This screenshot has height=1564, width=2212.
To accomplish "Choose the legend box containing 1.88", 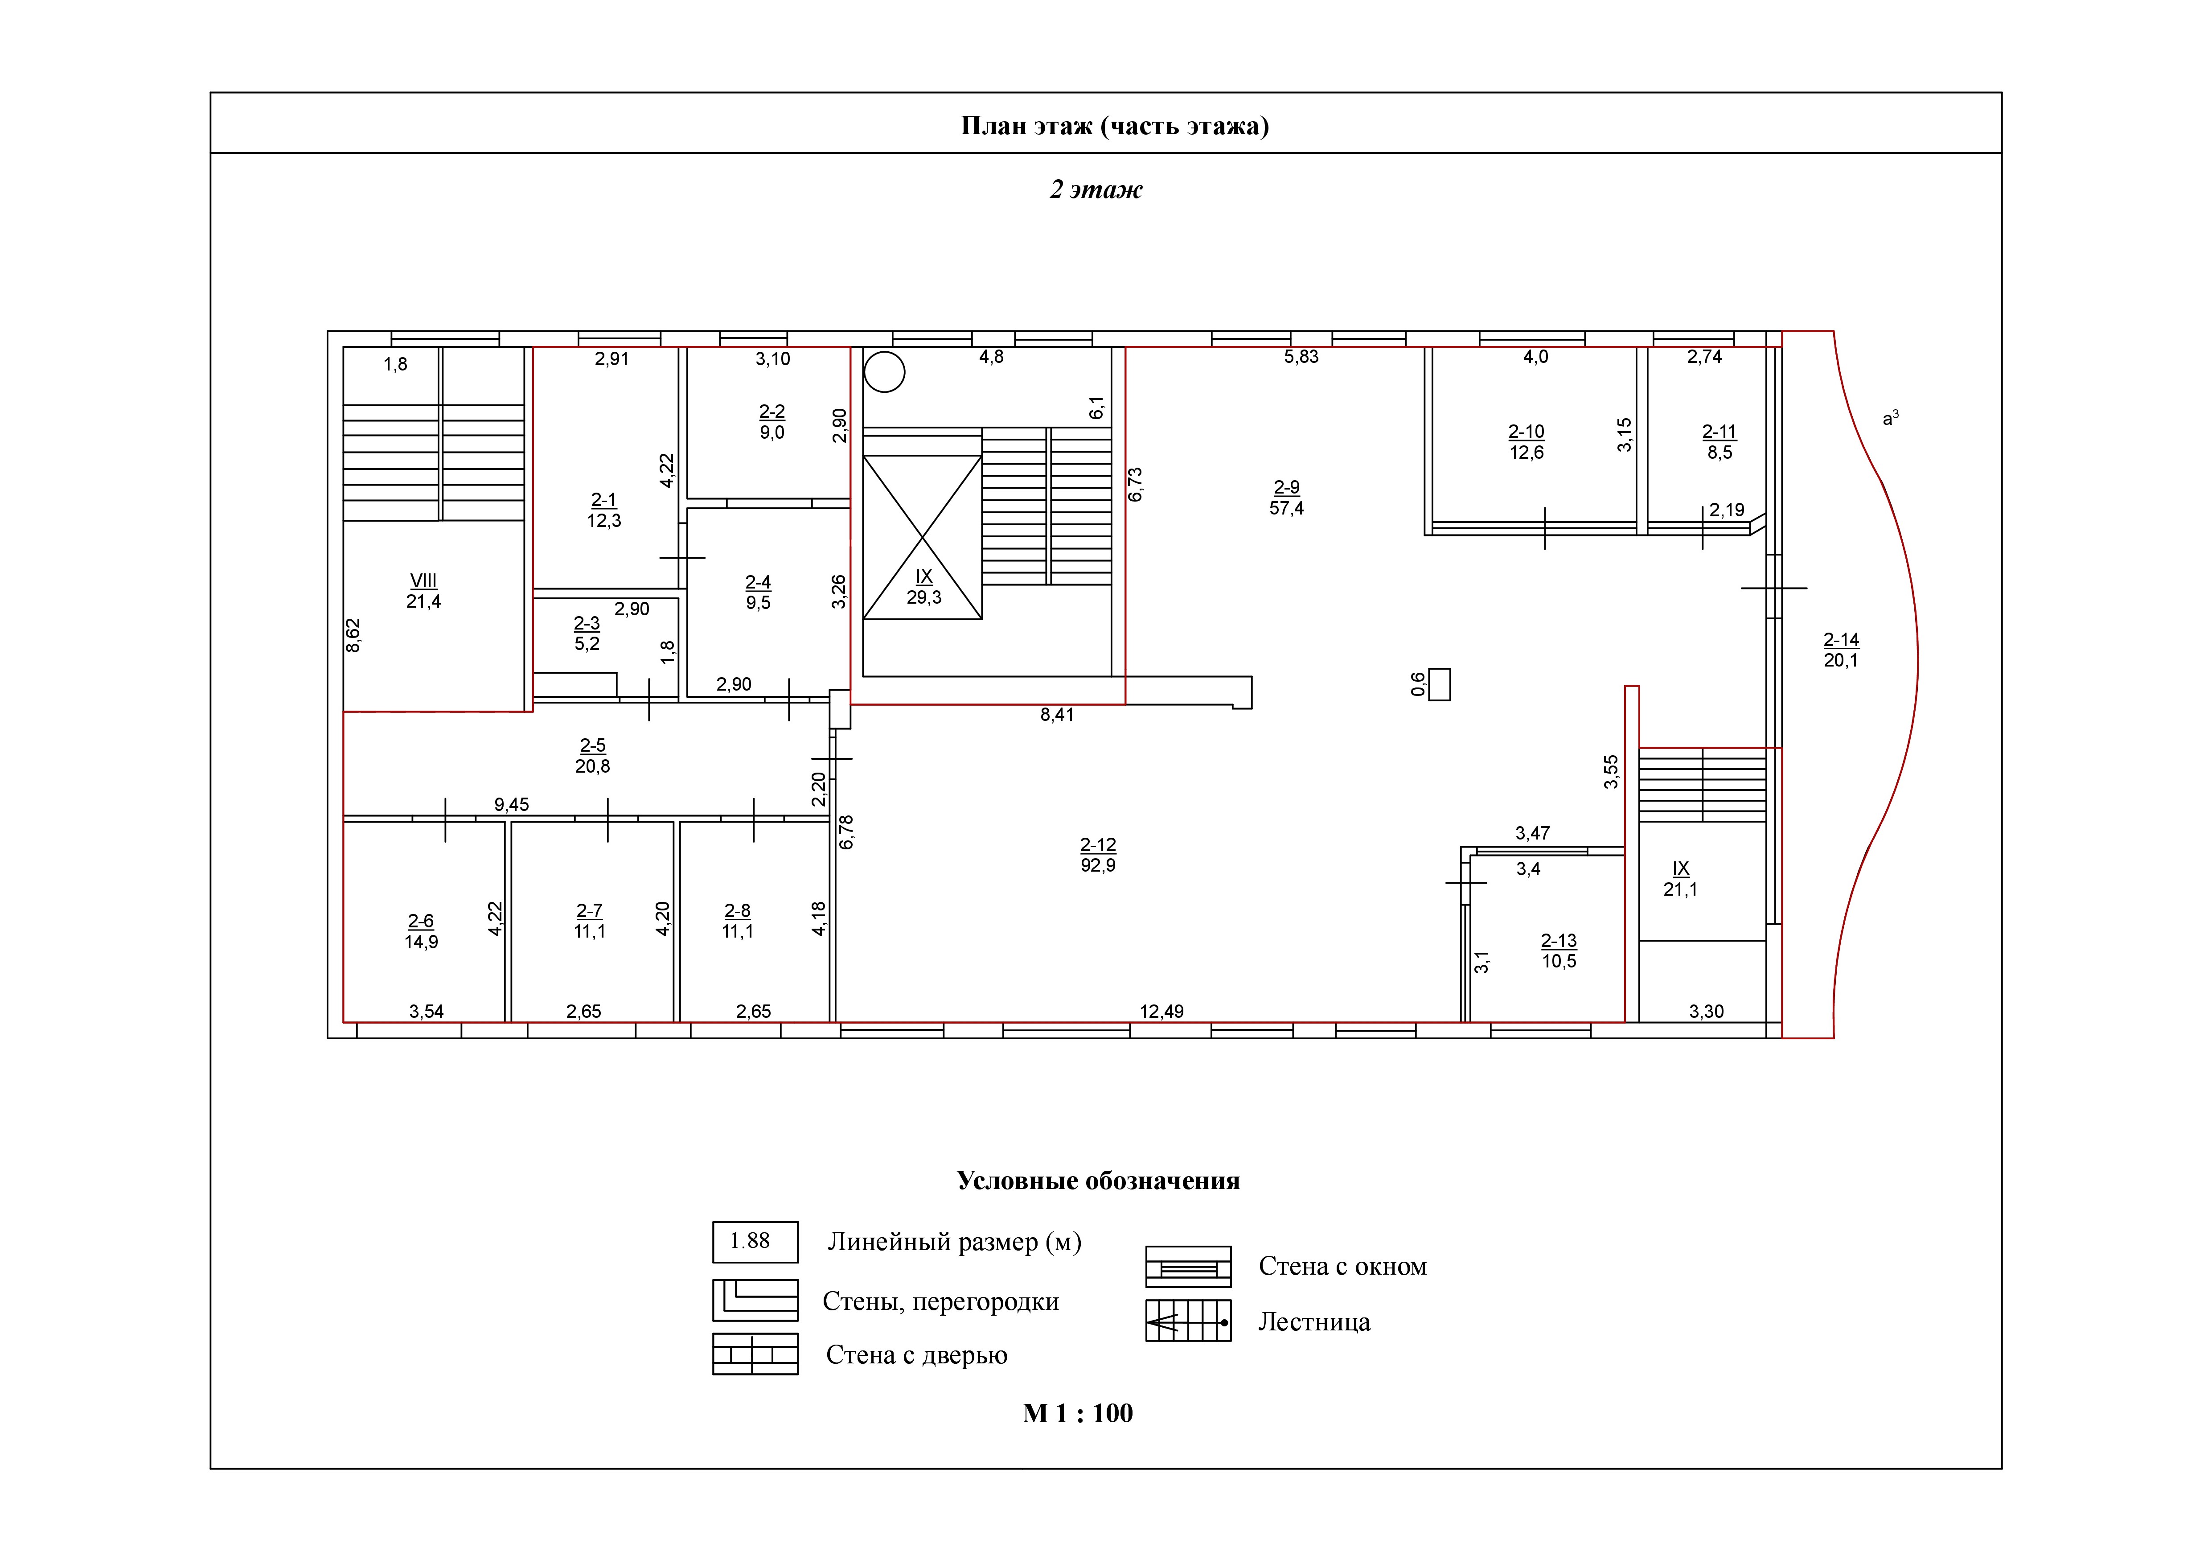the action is click(755, 1242).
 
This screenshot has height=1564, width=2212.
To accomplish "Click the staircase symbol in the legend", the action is click(1188, 1321).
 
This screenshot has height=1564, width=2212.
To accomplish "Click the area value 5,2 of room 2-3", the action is click(587, 644).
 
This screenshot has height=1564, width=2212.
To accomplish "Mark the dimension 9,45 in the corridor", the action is click(512, 805).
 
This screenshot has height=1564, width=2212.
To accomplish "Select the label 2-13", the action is click(1559, 941).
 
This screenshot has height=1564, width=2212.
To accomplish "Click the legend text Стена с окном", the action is click(1342, 1266).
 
